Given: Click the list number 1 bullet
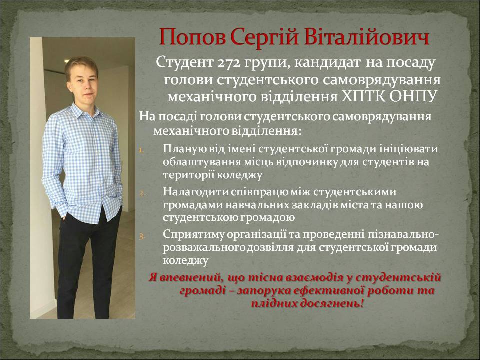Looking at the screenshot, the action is pyautogui.click(x=141, y=150).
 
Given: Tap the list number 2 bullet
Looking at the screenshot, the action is pyautogui.click(x=141, y=193).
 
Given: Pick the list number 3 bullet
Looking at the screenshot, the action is pyautogui.click(x=141, y=236).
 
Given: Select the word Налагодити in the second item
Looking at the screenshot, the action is pyautogui.click(x=195, y=192).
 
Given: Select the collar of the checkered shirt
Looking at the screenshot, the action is pyautogui.click(x=84, y=111).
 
